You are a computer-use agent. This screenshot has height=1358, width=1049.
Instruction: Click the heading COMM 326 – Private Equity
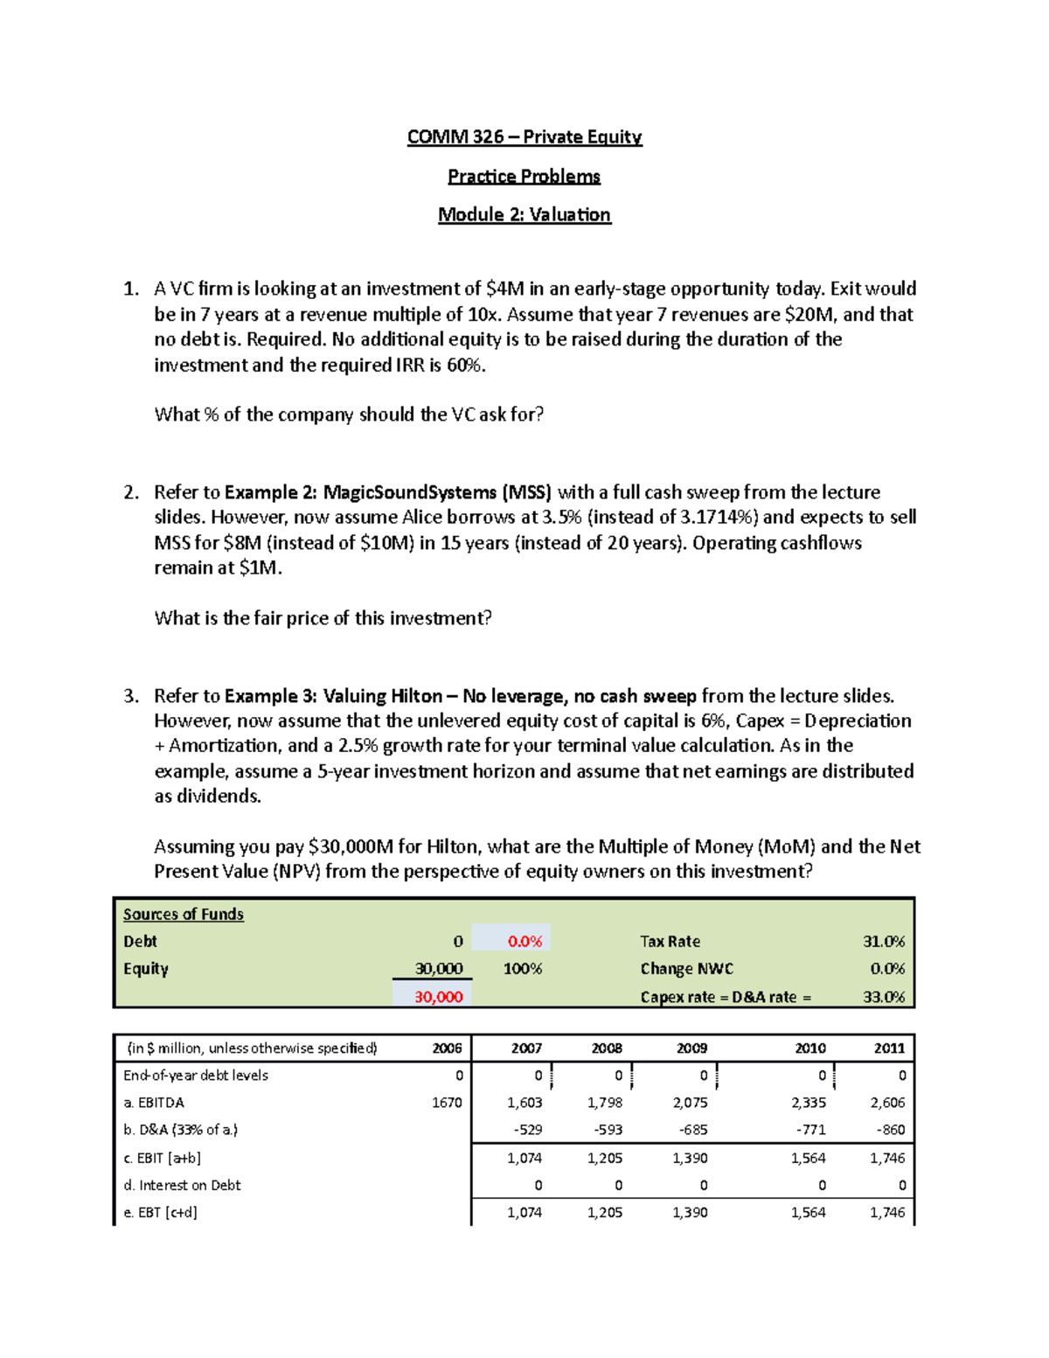pos(524,137)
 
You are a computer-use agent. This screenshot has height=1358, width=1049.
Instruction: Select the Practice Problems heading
pos(524,177)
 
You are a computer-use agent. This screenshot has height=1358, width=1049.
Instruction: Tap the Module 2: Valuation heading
pos(524,215)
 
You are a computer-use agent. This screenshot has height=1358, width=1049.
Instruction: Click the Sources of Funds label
pos(184,915)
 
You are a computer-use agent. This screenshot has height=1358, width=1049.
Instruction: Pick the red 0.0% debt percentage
pos(524,942)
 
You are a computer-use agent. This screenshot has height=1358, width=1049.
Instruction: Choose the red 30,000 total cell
pos(438,997)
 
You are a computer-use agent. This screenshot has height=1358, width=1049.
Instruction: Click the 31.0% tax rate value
pos(884,942)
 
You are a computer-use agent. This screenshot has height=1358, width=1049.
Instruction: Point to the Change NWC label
pos(686,969)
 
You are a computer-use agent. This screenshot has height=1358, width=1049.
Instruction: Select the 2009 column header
pos(691,1048)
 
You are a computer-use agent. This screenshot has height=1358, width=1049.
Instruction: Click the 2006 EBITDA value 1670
pos(447,1103)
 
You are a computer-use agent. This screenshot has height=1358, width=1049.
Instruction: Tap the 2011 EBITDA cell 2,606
pos(887,1103)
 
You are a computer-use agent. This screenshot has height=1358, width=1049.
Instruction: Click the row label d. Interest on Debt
pos(182,1186)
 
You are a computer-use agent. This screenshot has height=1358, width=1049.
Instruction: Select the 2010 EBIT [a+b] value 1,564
pos(808,1159)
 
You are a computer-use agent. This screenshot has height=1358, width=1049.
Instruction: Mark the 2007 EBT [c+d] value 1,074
pos(524,1213)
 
